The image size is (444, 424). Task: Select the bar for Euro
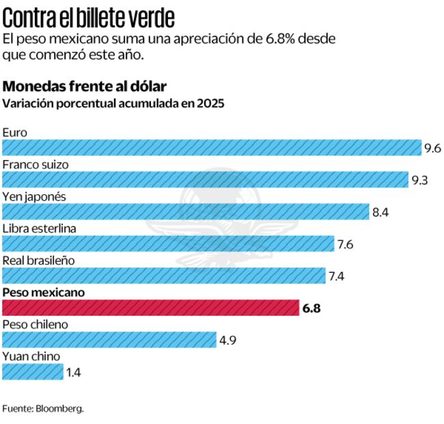(212, 147)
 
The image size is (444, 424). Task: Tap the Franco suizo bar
(206, 179)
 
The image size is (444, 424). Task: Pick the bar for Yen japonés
(186, 211)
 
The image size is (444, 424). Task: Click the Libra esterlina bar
(168, 243)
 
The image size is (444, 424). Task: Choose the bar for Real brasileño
(164, 276)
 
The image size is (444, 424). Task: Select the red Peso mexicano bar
(151, 308)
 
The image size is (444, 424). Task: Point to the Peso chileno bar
(109, 340)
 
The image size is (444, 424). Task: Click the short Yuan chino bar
(33, 372)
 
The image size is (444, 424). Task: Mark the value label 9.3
(419, 180)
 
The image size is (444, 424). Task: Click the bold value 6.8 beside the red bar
(311, 308)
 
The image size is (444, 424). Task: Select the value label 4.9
(227, 341)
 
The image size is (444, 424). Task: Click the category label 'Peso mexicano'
(44, 292)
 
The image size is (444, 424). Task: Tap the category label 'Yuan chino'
(31, 356)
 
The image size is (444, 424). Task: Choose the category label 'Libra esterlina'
(40, 228)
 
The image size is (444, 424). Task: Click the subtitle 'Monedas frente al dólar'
(85, 86)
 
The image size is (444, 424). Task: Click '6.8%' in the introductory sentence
(282, 39)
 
